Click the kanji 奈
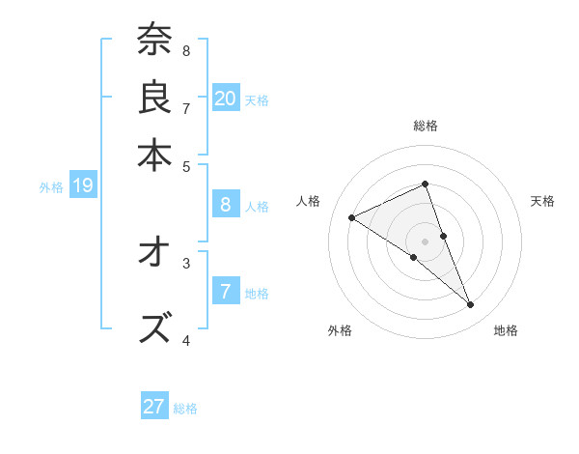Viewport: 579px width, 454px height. click(154, 41)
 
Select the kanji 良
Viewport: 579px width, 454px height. click(154, 97)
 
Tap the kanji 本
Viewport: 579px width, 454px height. click(154, 154)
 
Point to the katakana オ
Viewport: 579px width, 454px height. click(154, 253)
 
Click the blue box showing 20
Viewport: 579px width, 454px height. click(226, 98)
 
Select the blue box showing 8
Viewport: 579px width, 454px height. click(226, 205)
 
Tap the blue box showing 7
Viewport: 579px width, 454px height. click(226, 290)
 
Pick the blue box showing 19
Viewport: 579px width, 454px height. click(83, 185)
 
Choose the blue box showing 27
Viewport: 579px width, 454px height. click(154, 407)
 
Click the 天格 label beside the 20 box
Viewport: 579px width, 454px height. click(257, 99)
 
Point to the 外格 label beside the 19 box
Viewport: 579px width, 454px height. click(51, 187)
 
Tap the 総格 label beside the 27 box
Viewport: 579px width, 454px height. click(185, 409)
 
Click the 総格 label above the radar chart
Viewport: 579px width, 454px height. click(426, 126)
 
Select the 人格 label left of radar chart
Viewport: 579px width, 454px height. click(309, 201)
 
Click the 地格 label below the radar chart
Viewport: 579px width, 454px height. click(506, 330)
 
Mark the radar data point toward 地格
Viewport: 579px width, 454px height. click(471, 305)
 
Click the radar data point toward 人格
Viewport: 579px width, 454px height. click(352, 217)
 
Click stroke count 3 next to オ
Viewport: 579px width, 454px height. click(186, 261)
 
